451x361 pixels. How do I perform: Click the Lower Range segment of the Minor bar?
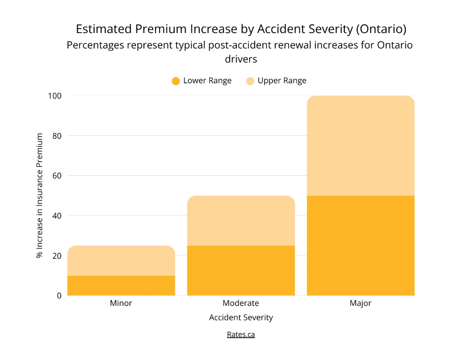click(x=121, y=285)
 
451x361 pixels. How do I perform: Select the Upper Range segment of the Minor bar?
click(x=121, y=261)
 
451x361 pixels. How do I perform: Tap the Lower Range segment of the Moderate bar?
click(x=241, y=270)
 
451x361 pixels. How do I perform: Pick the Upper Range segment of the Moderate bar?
click(x=241, y=220)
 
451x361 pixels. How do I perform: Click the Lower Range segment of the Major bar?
click(x=361, y=246)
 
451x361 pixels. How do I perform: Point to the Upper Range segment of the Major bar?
click(x=361, y=145)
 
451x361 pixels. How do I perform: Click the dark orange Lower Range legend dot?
click(x=176, y=81)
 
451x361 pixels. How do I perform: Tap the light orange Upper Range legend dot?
click(x=250, y=81)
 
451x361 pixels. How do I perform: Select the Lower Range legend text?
click(x=207, y=81)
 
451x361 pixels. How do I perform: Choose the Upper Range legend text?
click(x=282, y=81)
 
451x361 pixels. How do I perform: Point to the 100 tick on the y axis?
click(x=55, y=96)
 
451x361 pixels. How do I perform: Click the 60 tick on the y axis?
click(x=57, y=175)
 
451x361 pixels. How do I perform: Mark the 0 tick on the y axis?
click(x=59, y=295)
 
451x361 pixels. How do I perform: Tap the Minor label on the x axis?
click(x=121, y=303)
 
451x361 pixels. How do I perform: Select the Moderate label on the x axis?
click(x=241, y=303)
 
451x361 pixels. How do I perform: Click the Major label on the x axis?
click(x=361, y=303)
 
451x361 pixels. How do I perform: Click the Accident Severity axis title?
click(x=241, y=317)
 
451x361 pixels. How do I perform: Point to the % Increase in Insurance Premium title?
click(x=40, y=196)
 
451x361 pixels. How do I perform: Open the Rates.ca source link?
click(x=241, y=334)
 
